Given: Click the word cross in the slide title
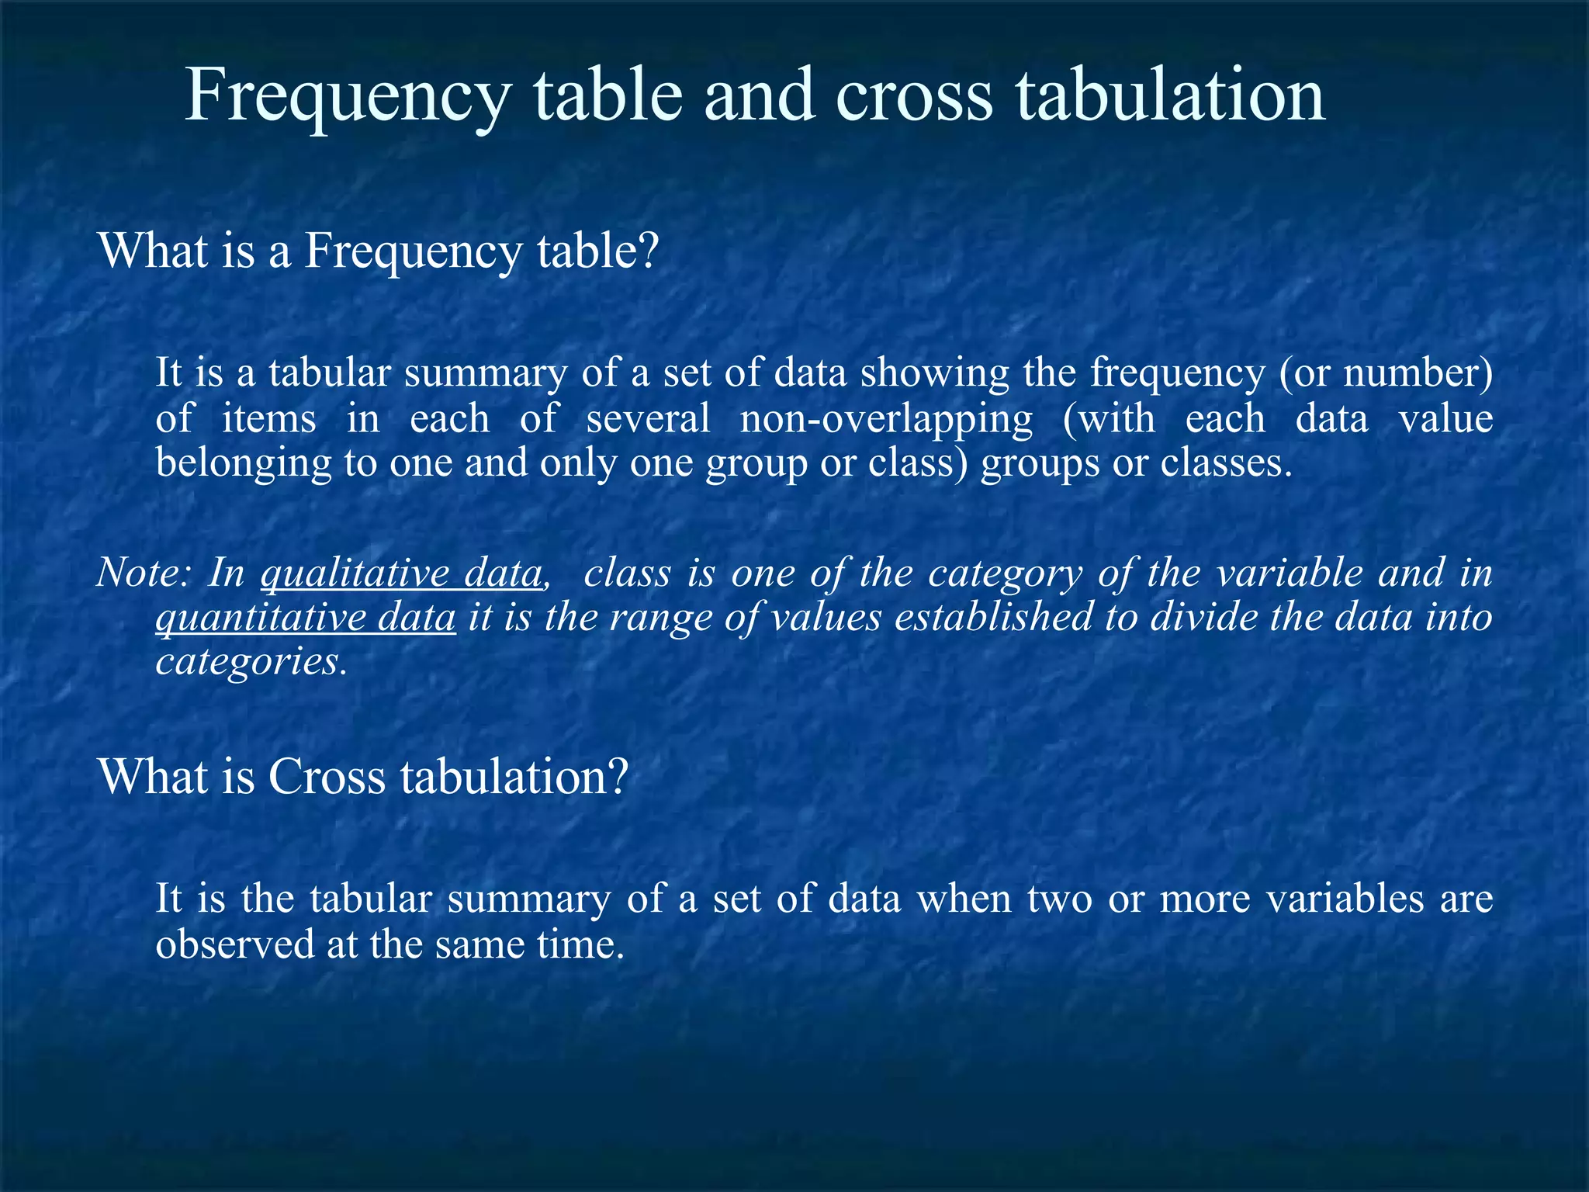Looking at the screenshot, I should pyautogui.click(x=914, y=96).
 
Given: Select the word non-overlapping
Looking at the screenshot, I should pyautogui.click(x=886, y=419).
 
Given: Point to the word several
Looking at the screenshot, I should pyautogui.click(x=648, y=419).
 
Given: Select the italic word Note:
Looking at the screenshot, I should pyautogui.click(x=144, y=573).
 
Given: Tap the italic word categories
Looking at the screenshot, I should pyautogui.click(x=248, y=663).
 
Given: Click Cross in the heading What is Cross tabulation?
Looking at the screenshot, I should pyautogui.click(x=326, y=776).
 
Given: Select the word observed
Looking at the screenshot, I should pyautogui.click(x=234, y=945).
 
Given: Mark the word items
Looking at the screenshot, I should pyautogui.click(x=268, y=419).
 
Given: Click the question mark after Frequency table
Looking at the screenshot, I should pyautogui.click(x=647, y=251).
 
